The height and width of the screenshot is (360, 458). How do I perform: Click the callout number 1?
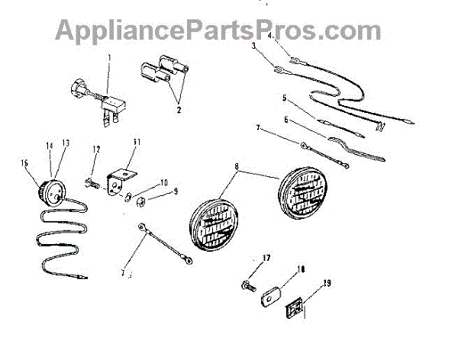[108, 59]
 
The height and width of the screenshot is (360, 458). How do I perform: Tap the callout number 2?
[178, 109]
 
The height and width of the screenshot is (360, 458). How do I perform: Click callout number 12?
[96, 149]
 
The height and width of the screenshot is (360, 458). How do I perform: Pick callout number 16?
[24, 162]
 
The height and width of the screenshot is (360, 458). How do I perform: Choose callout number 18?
[300, 269]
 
